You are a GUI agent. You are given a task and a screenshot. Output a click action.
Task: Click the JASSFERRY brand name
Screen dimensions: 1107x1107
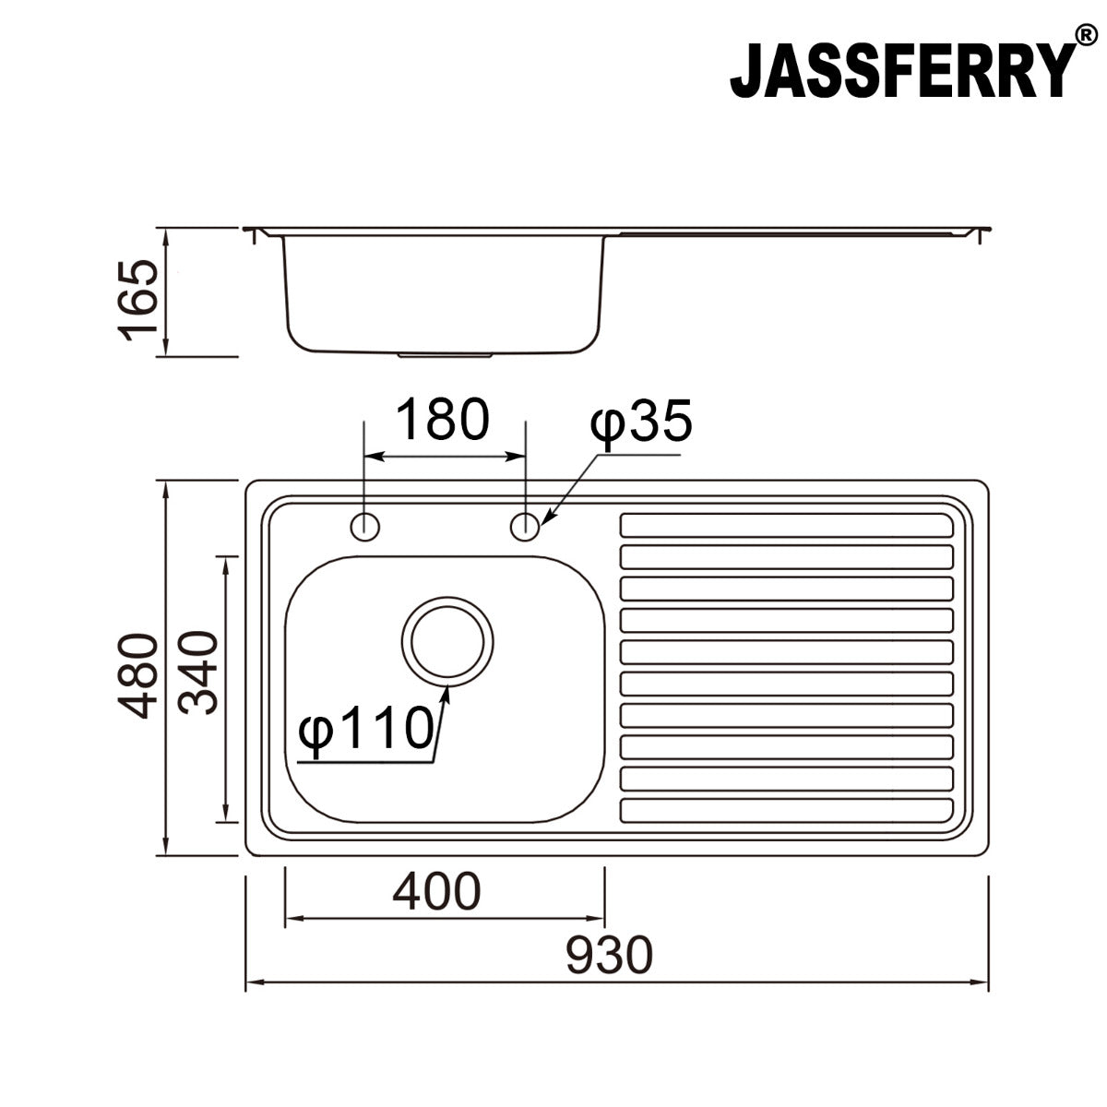coord(902,71)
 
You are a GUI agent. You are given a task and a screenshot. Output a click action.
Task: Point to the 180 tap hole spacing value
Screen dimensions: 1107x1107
coord(442,420)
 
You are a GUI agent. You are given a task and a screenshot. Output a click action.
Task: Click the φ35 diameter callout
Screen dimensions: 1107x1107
coord(640,424)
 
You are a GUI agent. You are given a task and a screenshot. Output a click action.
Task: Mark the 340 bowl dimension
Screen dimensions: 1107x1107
coord(197,673)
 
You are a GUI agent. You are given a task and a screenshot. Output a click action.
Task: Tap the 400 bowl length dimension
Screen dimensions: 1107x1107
coord(436,892)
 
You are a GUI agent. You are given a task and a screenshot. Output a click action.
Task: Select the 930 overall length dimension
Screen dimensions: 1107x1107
coord(609,956)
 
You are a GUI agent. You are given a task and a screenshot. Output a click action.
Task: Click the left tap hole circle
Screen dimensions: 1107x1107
coord(365,527)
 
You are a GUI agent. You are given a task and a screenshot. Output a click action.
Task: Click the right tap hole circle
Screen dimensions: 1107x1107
coord(525,527)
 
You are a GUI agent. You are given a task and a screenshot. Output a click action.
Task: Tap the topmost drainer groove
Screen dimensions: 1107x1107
coord(787,525)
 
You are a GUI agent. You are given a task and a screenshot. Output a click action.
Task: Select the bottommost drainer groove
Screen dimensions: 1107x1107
coord(787,810)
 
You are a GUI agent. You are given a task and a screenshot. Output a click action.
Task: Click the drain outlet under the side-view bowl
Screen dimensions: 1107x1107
coord(445,353)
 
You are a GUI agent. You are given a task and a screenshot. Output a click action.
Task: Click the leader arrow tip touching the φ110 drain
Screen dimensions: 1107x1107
coord(446,691)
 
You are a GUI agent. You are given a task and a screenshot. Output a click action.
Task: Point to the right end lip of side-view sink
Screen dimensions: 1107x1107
coord(983,232)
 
